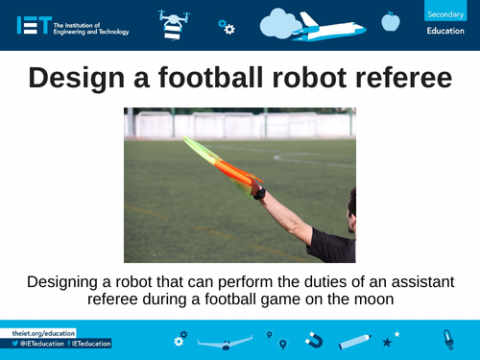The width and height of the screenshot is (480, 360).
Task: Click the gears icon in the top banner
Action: [x=226, y=27]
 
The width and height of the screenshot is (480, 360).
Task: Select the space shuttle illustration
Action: [x=331, y=25]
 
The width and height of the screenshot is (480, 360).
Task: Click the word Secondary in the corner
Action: [x=444, y=12]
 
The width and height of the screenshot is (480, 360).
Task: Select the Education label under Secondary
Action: [x=445, y=32]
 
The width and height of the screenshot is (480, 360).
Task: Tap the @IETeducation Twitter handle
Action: [x=40, y=344]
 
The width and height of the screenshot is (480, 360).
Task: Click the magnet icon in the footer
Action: [x=313, y=340]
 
